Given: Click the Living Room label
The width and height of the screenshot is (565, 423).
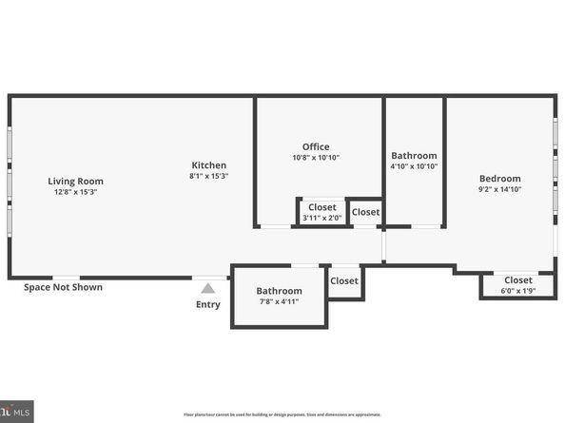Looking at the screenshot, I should tap(76, 181).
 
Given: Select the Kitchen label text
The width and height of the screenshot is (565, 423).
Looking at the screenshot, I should tap(209, 164).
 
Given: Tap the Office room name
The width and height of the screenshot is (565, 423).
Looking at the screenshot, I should tap(316, 146).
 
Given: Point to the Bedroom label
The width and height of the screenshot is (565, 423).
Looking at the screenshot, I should tap(499, 178).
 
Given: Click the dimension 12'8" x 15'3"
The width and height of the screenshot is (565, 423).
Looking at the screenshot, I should tap(76, 192).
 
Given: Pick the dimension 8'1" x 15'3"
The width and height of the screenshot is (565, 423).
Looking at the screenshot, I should tap(209, 176).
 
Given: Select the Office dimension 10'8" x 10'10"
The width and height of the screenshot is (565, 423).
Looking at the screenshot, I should tap(316, 158).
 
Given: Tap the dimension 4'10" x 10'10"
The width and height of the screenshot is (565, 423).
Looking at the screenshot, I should tap(414, 166).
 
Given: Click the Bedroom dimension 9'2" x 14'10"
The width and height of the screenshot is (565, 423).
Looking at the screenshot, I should tap(499, 189).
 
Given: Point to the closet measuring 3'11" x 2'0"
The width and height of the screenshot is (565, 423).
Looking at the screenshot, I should tap(321, 212).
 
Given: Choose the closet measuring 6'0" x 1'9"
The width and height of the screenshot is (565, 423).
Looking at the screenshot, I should tap(518, 285).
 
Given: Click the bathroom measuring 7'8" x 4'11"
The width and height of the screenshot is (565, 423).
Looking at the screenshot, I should tap(279, 297).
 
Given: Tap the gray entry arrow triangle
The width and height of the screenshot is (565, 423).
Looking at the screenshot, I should tap(207, 289).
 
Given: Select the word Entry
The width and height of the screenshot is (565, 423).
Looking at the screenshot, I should tap(207, 305).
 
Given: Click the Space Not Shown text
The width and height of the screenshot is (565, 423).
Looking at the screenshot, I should tap(63, 287).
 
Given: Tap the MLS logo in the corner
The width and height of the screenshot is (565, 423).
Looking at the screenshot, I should tap(16, 412).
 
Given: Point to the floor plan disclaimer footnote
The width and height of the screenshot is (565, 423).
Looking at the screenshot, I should tap(282, 415).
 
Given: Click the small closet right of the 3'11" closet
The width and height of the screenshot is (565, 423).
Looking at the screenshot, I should tap(365, 212).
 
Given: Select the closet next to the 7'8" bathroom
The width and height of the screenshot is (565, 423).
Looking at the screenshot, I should tap(344, 280).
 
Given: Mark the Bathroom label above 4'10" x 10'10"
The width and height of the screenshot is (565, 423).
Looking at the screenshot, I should tap(414, 156).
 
